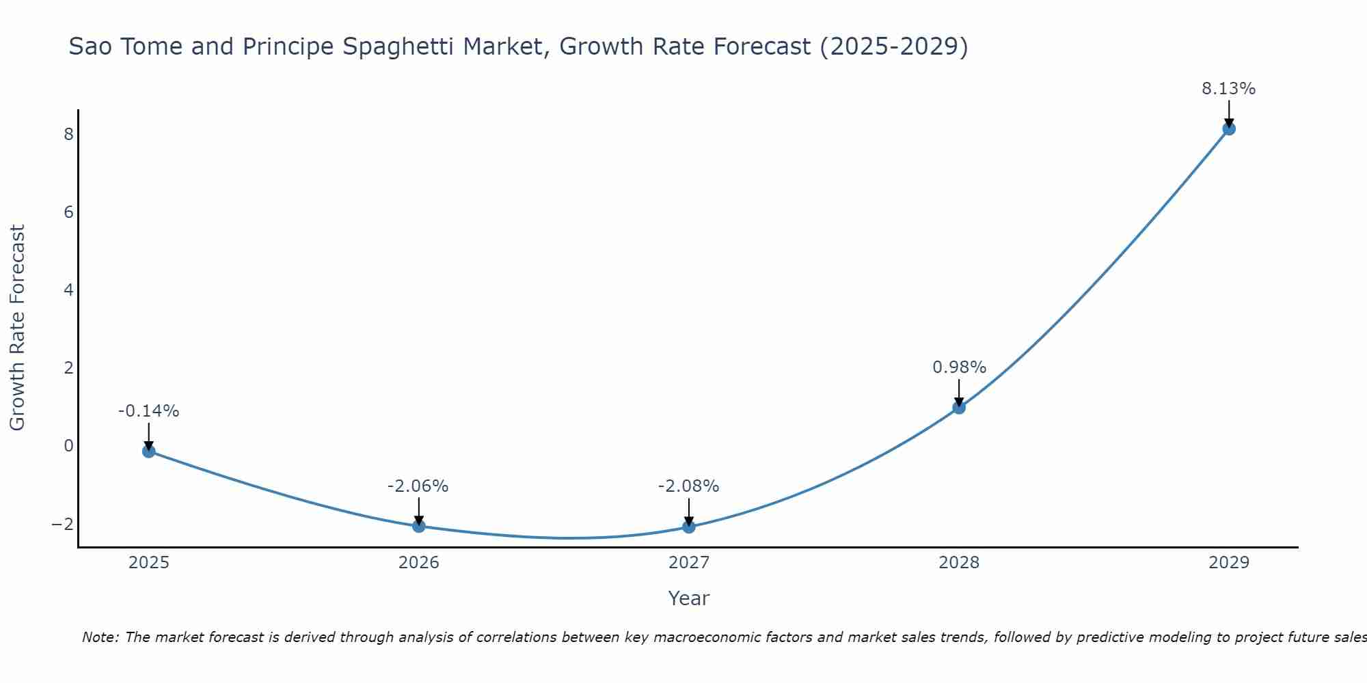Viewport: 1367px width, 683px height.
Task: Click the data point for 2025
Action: click(x=149, y=451)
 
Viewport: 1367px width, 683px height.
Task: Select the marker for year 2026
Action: click(x=419, y=526)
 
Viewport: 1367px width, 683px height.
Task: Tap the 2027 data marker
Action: click(x=689, y=527)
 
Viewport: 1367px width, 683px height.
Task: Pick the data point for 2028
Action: click(x=959, y=408)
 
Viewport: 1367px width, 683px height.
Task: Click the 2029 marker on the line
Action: click(x=1229, y=128)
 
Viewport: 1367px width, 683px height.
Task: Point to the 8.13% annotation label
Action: click(x=1229, y=89)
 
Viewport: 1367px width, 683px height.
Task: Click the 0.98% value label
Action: click(x=959, y=367)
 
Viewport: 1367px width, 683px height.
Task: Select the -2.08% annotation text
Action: click(x=688, y=486)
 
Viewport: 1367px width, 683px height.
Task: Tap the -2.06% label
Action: click(x=418, y=486)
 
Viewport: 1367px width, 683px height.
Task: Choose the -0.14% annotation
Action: click(x=148, y=411)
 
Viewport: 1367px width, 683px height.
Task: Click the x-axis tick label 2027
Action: click(x=689, y=563)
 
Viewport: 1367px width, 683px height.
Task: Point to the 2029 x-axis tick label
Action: click(x=1229, y=563)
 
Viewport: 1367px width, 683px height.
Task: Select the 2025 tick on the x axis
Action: click(x=149, y=563)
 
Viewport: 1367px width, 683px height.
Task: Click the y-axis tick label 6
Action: click(x=68, y=212)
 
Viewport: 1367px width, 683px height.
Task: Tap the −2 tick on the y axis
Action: click(x=62, y=524)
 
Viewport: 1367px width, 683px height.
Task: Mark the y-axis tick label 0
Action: click(x=68, y=446)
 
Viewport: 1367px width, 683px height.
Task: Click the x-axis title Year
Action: click(x=689, y=598)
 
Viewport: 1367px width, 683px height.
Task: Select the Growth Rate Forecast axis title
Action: click(x=17, y=328)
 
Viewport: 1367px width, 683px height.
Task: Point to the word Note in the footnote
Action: click(x=100, y=637)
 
